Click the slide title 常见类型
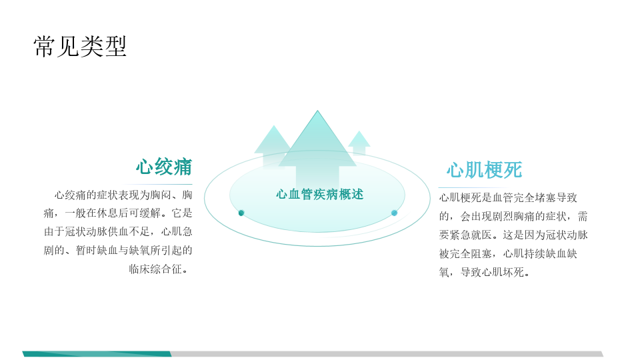(x=80, y=46)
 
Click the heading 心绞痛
(x=164, y=167)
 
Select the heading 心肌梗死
(x=484, y=170)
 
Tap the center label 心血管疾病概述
(x=319, y=194)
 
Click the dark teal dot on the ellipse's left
(x=241, y=213)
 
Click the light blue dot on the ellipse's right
(x=394, y=213)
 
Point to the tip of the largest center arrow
(x=317, y=111)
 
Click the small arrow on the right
(x=359, y=142)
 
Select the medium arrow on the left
(x=273, y=146)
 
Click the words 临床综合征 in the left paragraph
(x=155, y=269)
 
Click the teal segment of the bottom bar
(x=97, y=354)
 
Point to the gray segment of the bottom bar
(x=387, y=354)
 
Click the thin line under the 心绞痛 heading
(x=157, y=185)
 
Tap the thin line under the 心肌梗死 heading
(x=473, y=187)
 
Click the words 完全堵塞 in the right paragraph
(x=524, y=197)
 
